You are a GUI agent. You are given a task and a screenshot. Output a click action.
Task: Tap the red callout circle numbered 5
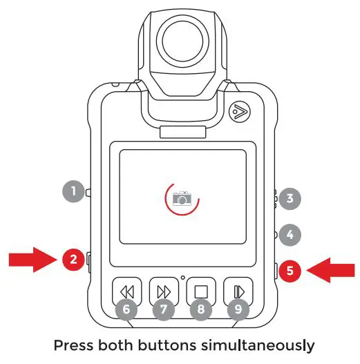[292, 271]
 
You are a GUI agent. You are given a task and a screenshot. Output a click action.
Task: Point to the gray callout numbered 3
[290, 199]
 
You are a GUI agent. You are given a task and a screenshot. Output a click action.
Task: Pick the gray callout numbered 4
[290, 234]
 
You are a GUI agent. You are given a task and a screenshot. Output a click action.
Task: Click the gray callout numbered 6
[125, 309]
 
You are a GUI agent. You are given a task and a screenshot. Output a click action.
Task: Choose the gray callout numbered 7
[163, 309]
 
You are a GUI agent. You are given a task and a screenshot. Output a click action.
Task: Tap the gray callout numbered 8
[200, 309]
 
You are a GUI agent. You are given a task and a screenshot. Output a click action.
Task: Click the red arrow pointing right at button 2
[31, 260]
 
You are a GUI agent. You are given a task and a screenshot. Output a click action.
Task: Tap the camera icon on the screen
[182, 198]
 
